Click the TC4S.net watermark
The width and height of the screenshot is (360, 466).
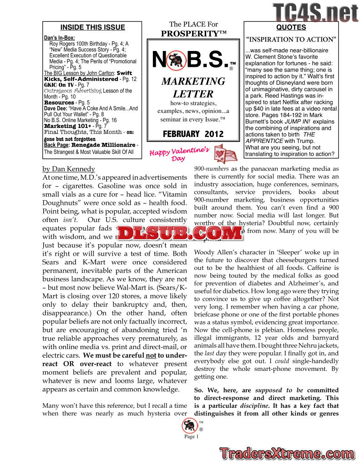[315, 12]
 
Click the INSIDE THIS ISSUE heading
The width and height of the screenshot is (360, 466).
[92, 27]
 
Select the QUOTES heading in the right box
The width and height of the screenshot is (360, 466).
[291, 27]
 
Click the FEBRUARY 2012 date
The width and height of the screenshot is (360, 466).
[193, 134]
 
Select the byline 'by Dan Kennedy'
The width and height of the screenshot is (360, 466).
[68, 169]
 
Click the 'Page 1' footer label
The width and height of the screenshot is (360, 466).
[192, 437]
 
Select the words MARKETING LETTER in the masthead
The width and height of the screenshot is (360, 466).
[193, 88]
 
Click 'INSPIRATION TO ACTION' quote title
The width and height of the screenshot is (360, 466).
[291, 39]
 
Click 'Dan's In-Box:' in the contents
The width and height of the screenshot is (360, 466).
[59, 38]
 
